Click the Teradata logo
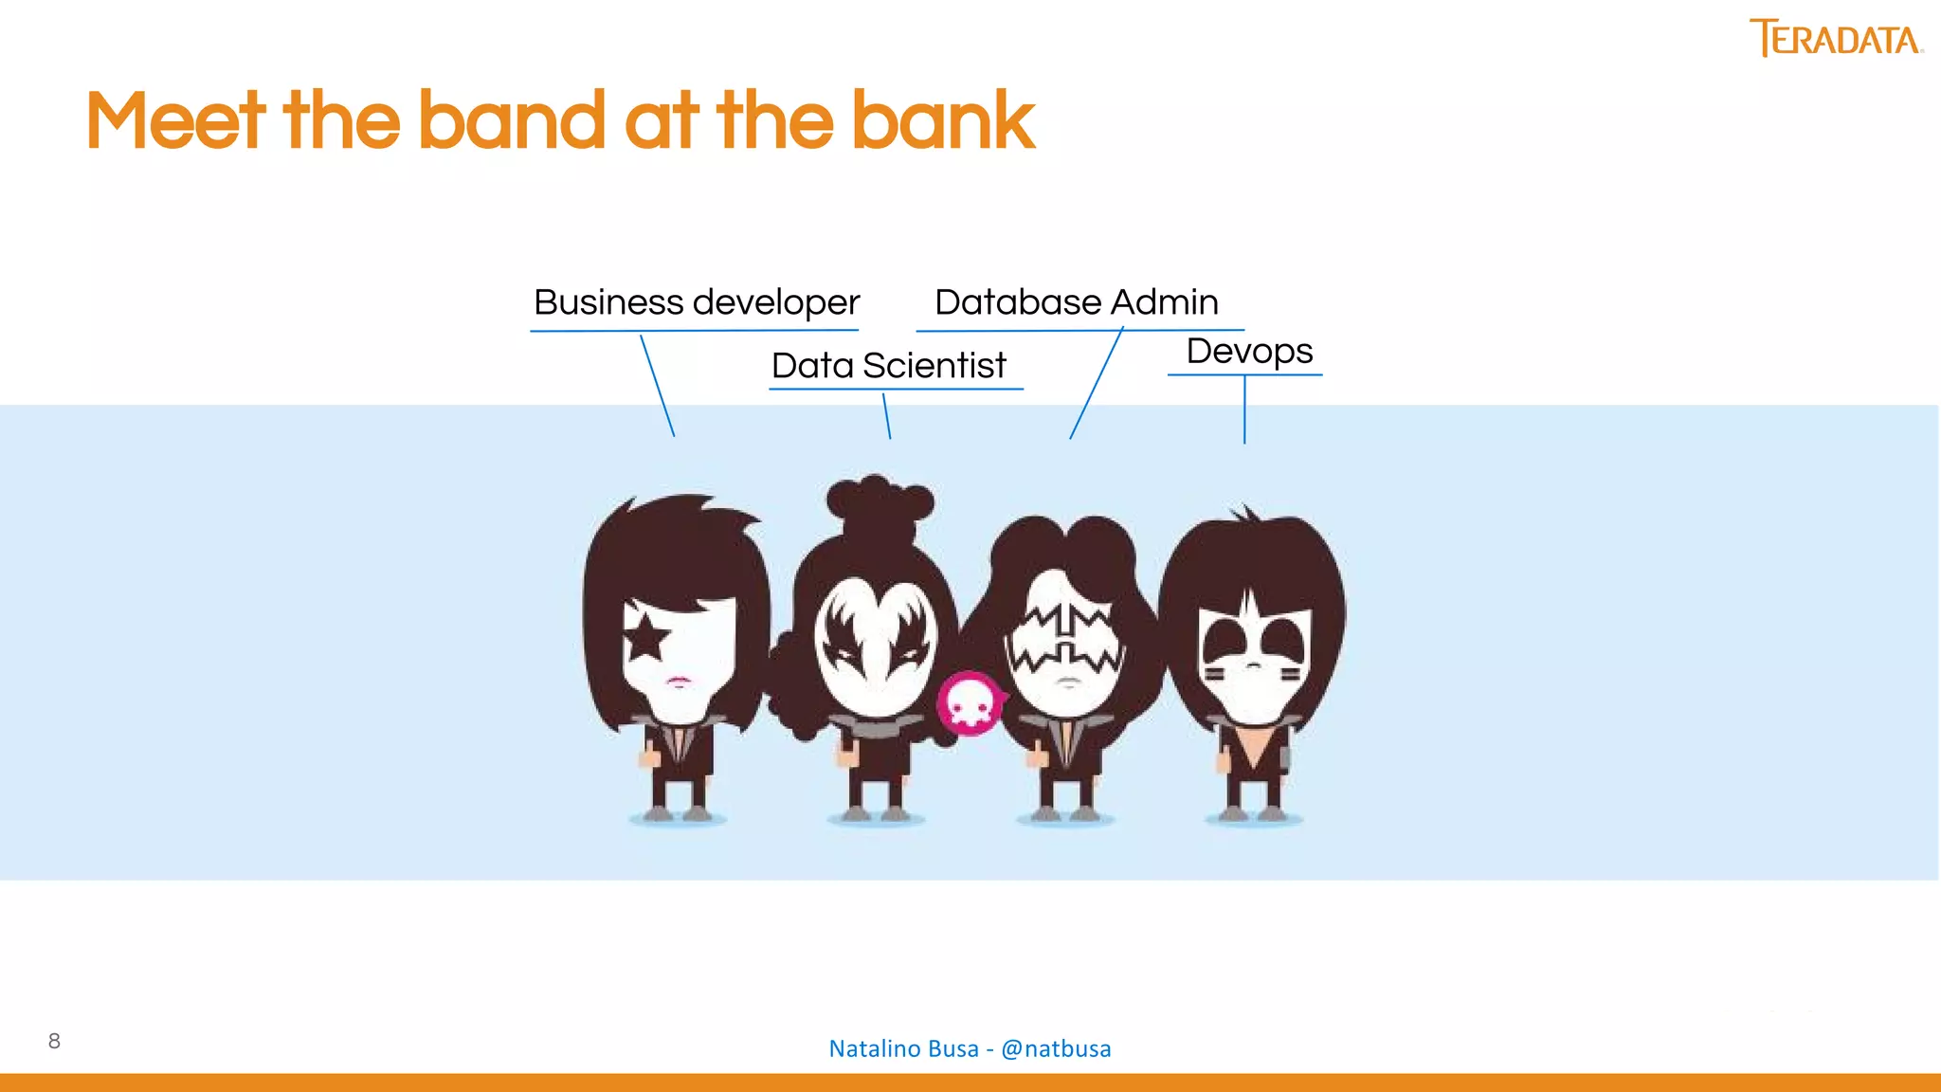(1834, 39)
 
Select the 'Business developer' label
(696, 302)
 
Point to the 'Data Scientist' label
(888, 365)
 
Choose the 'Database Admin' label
(1076, 302)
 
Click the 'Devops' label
(1248, 352)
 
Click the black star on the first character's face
(646, 636)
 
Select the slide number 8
(54, 1041)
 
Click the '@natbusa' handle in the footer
(1056, 1048)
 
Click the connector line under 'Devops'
(1244, 409)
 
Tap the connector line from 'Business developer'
(657, 385)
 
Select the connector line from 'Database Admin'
(1097, 383)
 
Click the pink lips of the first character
(679, 680)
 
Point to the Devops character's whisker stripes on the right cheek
(1290, 675)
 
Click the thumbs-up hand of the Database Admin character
(1037, 756)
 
